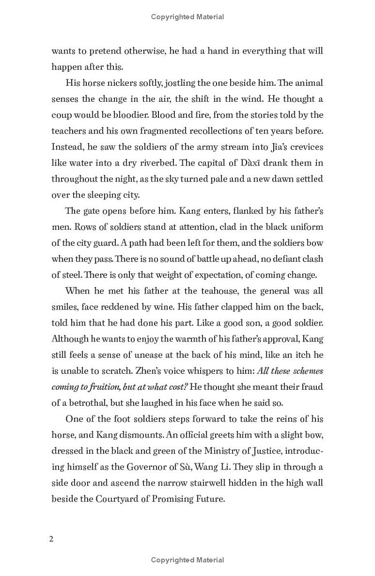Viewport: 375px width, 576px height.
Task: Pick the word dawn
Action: [x=268, y=179]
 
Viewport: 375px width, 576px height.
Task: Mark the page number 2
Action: [x=52, y=538]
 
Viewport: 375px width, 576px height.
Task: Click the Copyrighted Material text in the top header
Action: [x=187, y=17]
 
